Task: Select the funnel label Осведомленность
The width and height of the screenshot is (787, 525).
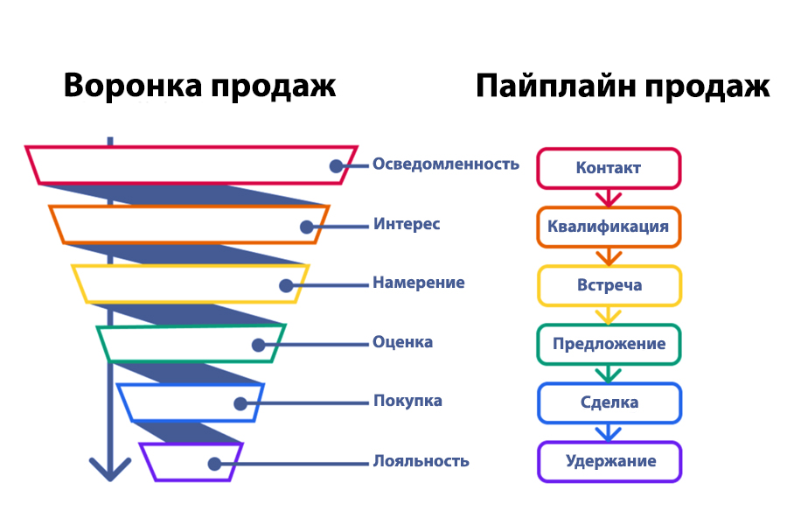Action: tap(446, 164)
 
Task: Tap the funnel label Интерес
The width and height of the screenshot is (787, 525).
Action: tap(407, 224)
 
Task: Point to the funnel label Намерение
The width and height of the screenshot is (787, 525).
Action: tap(419, 283)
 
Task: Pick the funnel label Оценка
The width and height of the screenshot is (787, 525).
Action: tap(402, 341)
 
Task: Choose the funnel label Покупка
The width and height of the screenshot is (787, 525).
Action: tap(407, 401)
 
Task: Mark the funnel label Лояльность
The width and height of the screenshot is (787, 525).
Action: tap(421, 461)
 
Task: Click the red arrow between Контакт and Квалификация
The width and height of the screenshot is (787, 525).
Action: tap(609, 198)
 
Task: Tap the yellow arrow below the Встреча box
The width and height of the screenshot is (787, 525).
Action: tap(609, 316)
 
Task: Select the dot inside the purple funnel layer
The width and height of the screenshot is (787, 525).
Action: tap(215, 464)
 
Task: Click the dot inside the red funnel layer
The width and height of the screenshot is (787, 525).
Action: tap(337, 165)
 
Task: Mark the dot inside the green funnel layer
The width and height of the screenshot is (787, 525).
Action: tap(259, 345)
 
